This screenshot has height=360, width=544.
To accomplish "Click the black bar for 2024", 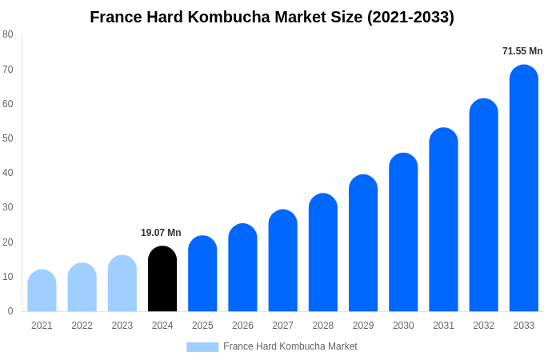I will (162, 279).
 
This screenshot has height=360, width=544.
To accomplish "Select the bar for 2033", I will (523, 189).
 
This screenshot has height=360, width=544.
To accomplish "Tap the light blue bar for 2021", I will (42, 291).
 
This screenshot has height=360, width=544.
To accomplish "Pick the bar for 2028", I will (322, 253).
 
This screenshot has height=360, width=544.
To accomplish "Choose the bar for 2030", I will (403, 233).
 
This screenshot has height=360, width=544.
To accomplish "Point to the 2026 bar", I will (242, 268).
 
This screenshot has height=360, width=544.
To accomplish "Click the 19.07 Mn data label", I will (161, 233).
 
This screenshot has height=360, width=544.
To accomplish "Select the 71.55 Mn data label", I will (522, 51).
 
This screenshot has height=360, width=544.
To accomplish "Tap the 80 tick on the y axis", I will (8, 34).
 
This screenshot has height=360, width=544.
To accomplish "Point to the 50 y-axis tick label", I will (8, 138).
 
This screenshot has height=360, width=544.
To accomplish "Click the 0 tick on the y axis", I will (10, 311).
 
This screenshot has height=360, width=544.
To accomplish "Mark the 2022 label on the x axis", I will (82, 326).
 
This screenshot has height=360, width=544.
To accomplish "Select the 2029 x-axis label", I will (363, 326).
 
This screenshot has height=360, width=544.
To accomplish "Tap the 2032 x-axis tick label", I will (483, 326).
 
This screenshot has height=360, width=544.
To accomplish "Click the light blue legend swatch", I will (202, 346).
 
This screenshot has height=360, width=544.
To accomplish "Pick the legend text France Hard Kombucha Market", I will (290, 346).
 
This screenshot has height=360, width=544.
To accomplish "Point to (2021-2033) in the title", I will (410, 17).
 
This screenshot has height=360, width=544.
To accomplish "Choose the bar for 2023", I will (122, 284).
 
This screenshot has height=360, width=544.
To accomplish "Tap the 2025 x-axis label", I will (202, 326).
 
